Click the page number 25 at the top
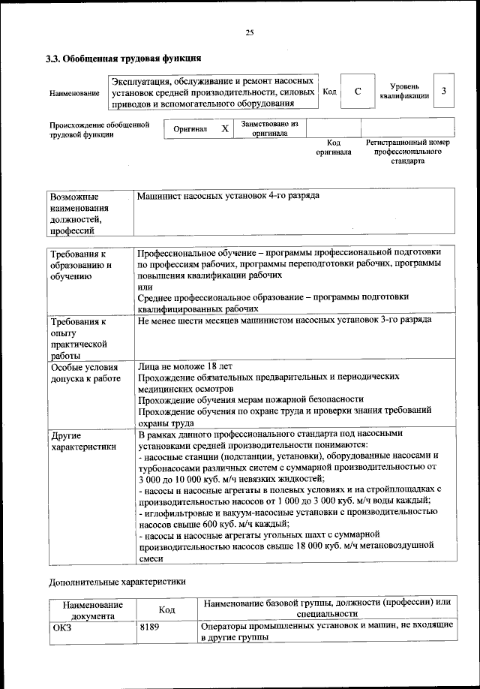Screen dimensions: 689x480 [x=250, y=32]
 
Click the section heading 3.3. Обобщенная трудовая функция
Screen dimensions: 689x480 [x=124, y=58]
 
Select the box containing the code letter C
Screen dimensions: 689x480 [x=358, y=92]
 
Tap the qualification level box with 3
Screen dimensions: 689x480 [x=444, y=92]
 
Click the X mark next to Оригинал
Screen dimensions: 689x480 [x=224, y=128]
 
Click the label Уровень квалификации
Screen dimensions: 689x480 [x=404, y=92]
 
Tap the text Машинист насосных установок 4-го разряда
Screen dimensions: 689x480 [x=228, y=196]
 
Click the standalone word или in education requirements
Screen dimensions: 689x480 [x=145, y=287]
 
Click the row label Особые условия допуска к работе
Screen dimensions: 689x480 [x=85, y=373]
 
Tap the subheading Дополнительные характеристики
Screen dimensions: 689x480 [x=116, y=581]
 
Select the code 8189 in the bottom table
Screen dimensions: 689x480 [x=150, y=627]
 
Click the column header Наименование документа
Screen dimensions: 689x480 [x=92, y=609]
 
